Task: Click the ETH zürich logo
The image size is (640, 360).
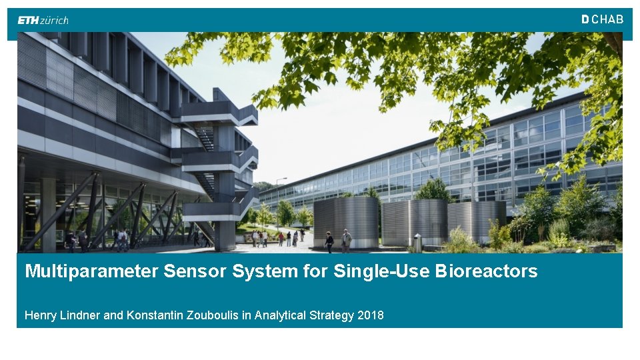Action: coord(43,20)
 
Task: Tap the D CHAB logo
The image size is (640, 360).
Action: coord(602,20)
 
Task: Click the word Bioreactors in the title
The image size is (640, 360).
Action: coord(486,271)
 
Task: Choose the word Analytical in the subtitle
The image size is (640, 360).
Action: coord(280,315)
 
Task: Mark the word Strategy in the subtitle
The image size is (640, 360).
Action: coord(332,315)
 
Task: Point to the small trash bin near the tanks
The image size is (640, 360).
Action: coord(417,243)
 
